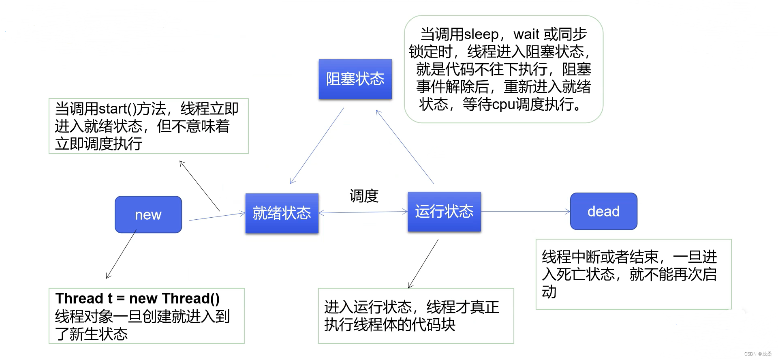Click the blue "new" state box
tap(148, 214)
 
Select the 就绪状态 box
tap(282, 213)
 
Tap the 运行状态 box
tap(444, 212)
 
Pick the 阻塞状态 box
tap(355, 79)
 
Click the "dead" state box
tap(603, 211)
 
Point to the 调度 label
tap(364, 196)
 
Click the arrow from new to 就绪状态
tap(217, 216)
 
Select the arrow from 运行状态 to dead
tap(526, 211)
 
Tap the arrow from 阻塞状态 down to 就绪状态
tap(317, 146)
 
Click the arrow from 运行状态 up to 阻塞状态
tap(405, 147)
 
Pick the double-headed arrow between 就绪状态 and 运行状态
tap(363, 212)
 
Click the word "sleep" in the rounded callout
tap(481, 34)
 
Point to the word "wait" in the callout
tap(526, 34)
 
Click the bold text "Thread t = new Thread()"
tap(137, 298)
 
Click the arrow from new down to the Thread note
tap(121, 255)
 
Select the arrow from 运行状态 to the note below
tap(423, 264)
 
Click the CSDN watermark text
tap(757, 354)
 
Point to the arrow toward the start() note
tap(199, 186)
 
